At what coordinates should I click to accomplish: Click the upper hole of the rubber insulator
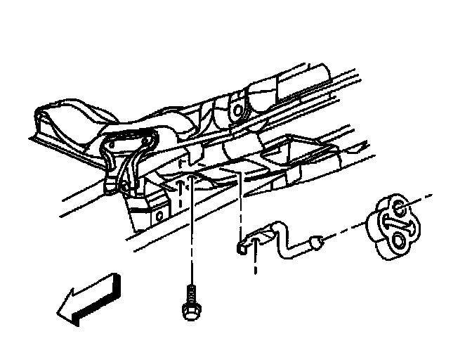click(x=398, y=207)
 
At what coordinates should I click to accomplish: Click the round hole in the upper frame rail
click(x=240, y=109)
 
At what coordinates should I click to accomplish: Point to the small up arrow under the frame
click(x=181, y=187)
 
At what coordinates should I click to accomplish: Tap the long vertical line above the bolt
click(x=192, y=232)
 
